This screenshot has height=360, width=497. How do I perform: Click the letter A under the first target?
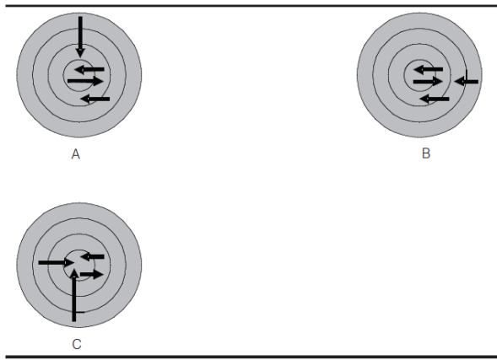(x=75, y=154)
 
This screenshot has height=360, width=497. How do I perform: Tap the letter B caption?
(x=426, y=153)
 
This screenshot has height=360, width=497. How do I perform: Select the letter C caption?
(x=77, y=344)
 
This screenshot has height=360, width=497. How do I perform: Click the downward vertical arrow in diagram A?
(x=80, y=37)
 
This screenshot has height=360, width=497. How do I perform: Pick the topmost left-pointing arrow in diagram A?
(x=89, y=69)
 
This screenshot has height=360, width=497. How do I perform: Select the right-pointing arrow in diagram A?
(x=85, y=81)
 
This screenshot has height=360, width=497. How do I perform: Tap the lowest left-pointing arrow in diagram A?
(x=95, y=99)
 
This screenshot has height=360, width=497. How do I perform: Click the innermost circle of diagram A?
(x=79, y=60)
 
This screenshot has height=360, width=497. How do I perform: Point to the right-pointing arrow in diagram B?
(x=428, y=82)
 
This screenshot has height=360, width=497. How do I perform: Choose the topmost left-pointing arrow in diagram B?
(x=428, y=69)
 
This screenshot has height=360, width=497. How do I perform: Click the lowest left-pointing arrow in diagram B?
(x=435, y=99)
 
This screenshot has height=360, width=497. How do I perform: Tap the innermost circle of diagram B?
(x=419, y=60)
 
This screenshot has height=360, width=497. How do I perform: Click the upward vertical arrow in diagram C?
(x=74, y=295)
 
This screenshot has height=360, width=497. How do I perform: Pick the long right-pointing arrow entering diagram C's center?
(x=57, y=262)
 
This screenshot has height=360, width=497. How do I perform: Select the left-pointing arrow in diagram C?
(x=92, y=256)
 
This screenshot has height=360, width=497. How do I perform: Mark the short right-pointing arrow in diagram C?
(x=92, y=274)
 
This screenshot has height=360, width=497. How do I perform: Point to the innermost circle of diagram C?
(x=79, y=250)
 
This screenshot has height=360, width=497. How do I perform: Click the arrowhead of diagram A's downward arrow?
(x=80, y=53)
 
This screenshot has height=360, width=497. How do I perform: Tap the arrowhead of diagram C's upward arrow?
(x=74, y=273)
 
